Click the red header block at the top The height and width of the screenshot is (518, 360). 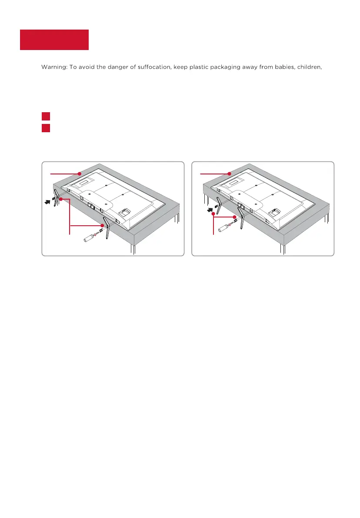pos(54,40)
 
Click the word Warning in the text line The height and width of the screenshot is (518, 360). pos(54,67)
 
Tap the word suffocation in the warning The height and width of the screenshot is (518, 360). pos(154,67)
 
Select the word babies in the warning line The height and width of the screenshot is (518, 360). pos(285,67)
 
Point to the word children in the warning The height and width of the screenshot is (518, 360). pos(310,67)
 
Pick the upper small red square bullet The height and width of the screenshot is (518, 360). pos(46,116)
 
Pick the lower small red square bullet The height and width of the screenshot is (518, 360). pos(46,128)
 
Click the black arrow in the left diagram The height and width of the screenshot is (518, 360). pos(48,201)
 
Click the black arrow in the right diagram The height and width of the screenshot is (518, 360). pos(210,209)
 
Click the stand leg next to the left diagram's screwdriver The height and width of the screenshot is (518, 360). pos(107,227)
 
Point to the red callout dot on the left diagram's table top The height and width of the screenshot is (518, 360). pos(79,174)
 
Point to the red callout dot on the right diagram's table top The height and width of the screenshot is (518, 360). pos(229,174)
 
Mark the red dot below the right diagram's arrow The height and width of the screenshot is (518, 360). pos(213,214)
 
